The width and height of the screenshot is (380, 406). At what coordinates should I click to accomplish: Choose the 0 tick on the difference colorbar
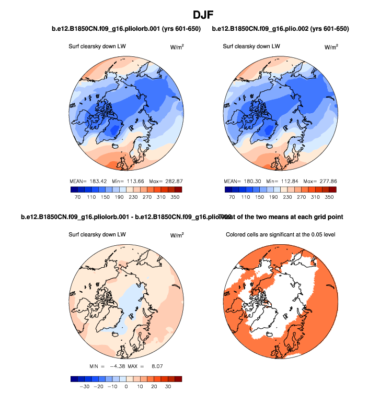pos(126,389)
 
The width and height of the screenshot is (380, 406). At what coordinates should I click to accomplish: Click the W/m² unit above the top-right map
pos(331,47)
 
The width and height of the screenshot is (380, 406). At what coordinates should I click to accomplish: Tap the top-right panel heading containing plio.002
pos(281,28)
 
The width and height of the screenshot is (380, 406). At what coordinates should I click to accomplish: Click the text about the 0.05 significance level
pos(280,235)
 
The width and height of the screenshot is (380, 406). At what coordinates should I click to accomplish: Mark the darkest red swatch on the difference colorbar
pos(178,379)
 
